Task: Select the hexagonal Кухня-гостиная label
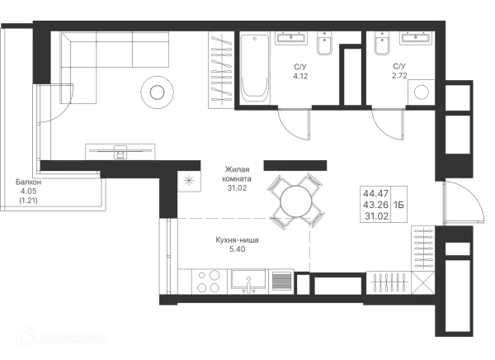pos(238,177)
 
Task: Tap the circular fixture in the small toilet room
pos(420,91)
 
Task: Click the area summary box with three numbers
pos(379,201)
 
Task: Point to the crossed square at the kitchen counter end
pos(424,282)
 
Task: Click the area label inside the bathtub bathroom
pos(299,69)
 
